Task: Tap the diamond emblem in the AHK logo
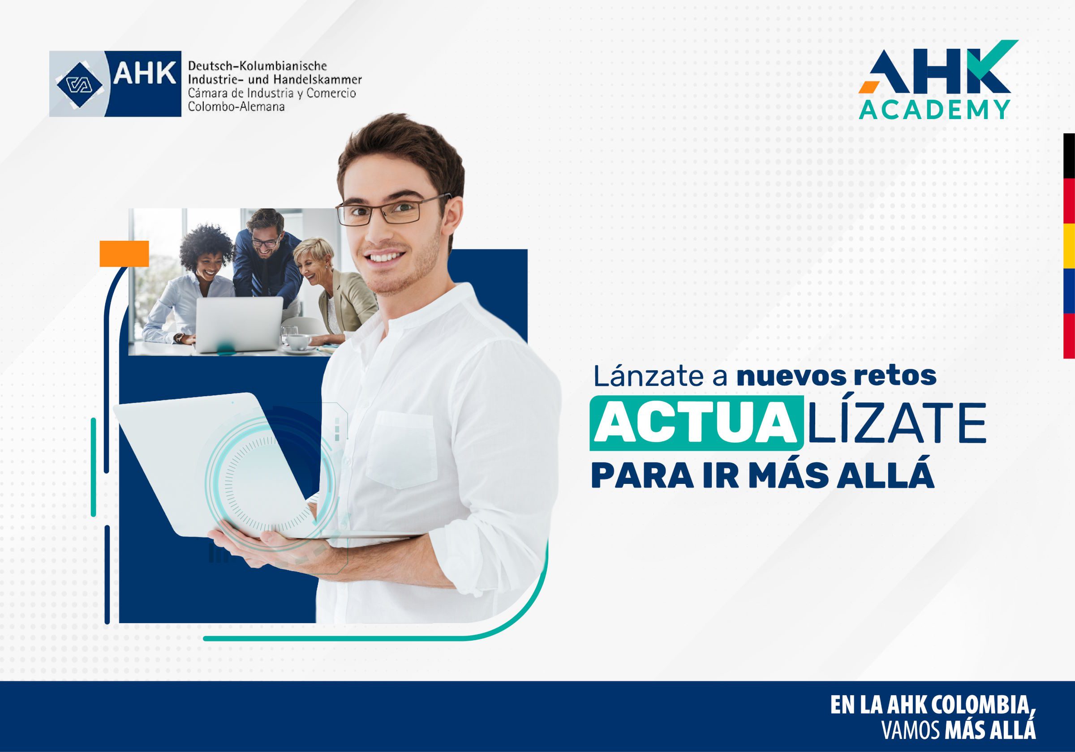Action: coord(79,84)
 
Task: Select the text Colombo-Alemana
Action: coord(236,107)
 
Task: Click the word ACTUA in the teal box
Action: coord(696,424)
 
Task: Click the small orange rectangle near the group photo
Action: coord(124,254)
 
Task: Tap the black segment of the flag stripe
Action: coord(1069,155)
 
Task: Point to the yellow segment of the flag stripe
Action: coord(1069,246)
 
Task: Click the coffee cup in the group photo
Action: coord(298,342)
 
